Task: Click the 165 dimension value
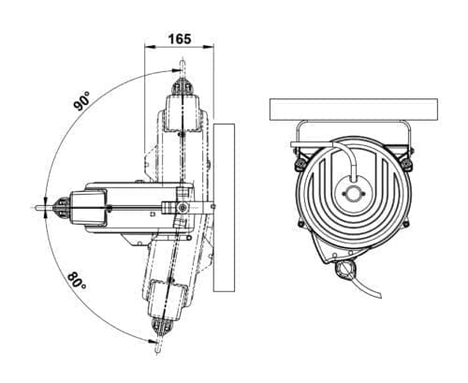tap(180, 39)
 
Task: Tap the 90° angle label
tap(81, 101)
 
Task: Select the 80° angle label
tap(77, 281)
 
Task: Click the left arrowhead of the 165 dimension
tap(150, 47)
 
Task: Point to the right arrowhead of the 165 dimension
tap(209, 47)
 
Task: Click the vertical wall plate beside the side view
tap(224, 208)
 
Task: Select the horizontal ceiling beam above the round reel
tap(354, 110)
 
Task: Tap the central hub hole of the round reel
tap(354, 194)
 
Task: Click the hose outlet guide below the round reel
tap(345, 269)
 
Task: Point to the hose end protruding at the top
tap(183, 67)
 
